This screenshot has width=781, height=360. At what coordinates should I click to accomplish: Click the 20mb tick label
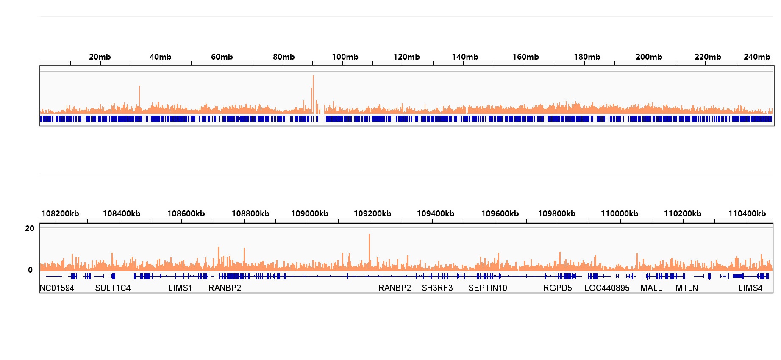[100, 57]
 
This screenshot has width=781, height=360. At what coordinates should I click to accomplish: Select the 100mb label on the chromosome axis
[345, 57]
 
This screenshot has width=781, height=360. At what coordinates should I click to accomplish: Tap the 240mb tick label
[757, 57]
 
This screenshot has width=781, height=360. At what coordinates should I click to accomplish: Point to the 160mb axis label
[525, 57]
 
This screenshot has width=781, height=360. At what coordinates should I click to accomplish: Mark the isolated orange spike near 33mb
[139, 87]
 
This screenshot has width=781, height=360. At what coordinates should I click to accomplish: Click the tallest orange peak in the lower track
[369, 235]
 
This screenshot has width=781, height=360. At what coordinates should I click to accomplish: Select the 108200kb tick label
[60, 214]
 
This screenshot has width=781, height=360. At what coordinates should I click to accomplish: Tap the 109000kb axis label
[310, 214]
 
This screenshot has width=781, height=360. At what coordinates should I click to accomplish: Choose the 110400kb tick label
[747, 214]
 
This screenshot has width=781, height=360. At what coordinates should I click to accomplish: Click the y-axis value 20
[30, 229]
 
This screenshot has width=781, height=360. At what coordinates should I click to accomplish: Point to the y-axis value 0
[30, 270]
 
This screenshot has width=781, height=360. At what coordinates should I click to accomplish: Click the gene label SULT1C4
[113, 288]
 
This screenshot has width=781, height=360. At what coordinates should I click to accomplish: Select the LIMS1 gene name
[180, 288]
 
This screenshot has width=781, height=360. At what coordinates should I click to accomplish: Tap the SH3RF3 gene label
[437, 288]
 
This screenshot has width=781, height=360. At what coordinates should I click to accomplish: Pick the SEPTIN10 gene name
[488, 288]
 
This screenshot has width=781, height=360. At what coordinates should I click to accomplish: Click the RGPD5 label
[558, 288]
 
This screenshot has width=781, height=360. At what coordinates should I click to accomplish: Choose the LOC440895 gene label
[607, 288]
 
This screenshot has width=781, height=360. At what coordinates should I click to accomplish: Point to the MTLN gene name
[687, 288]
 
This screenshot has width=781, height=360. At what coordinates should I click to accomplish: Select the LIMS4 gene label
[750, 288]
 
